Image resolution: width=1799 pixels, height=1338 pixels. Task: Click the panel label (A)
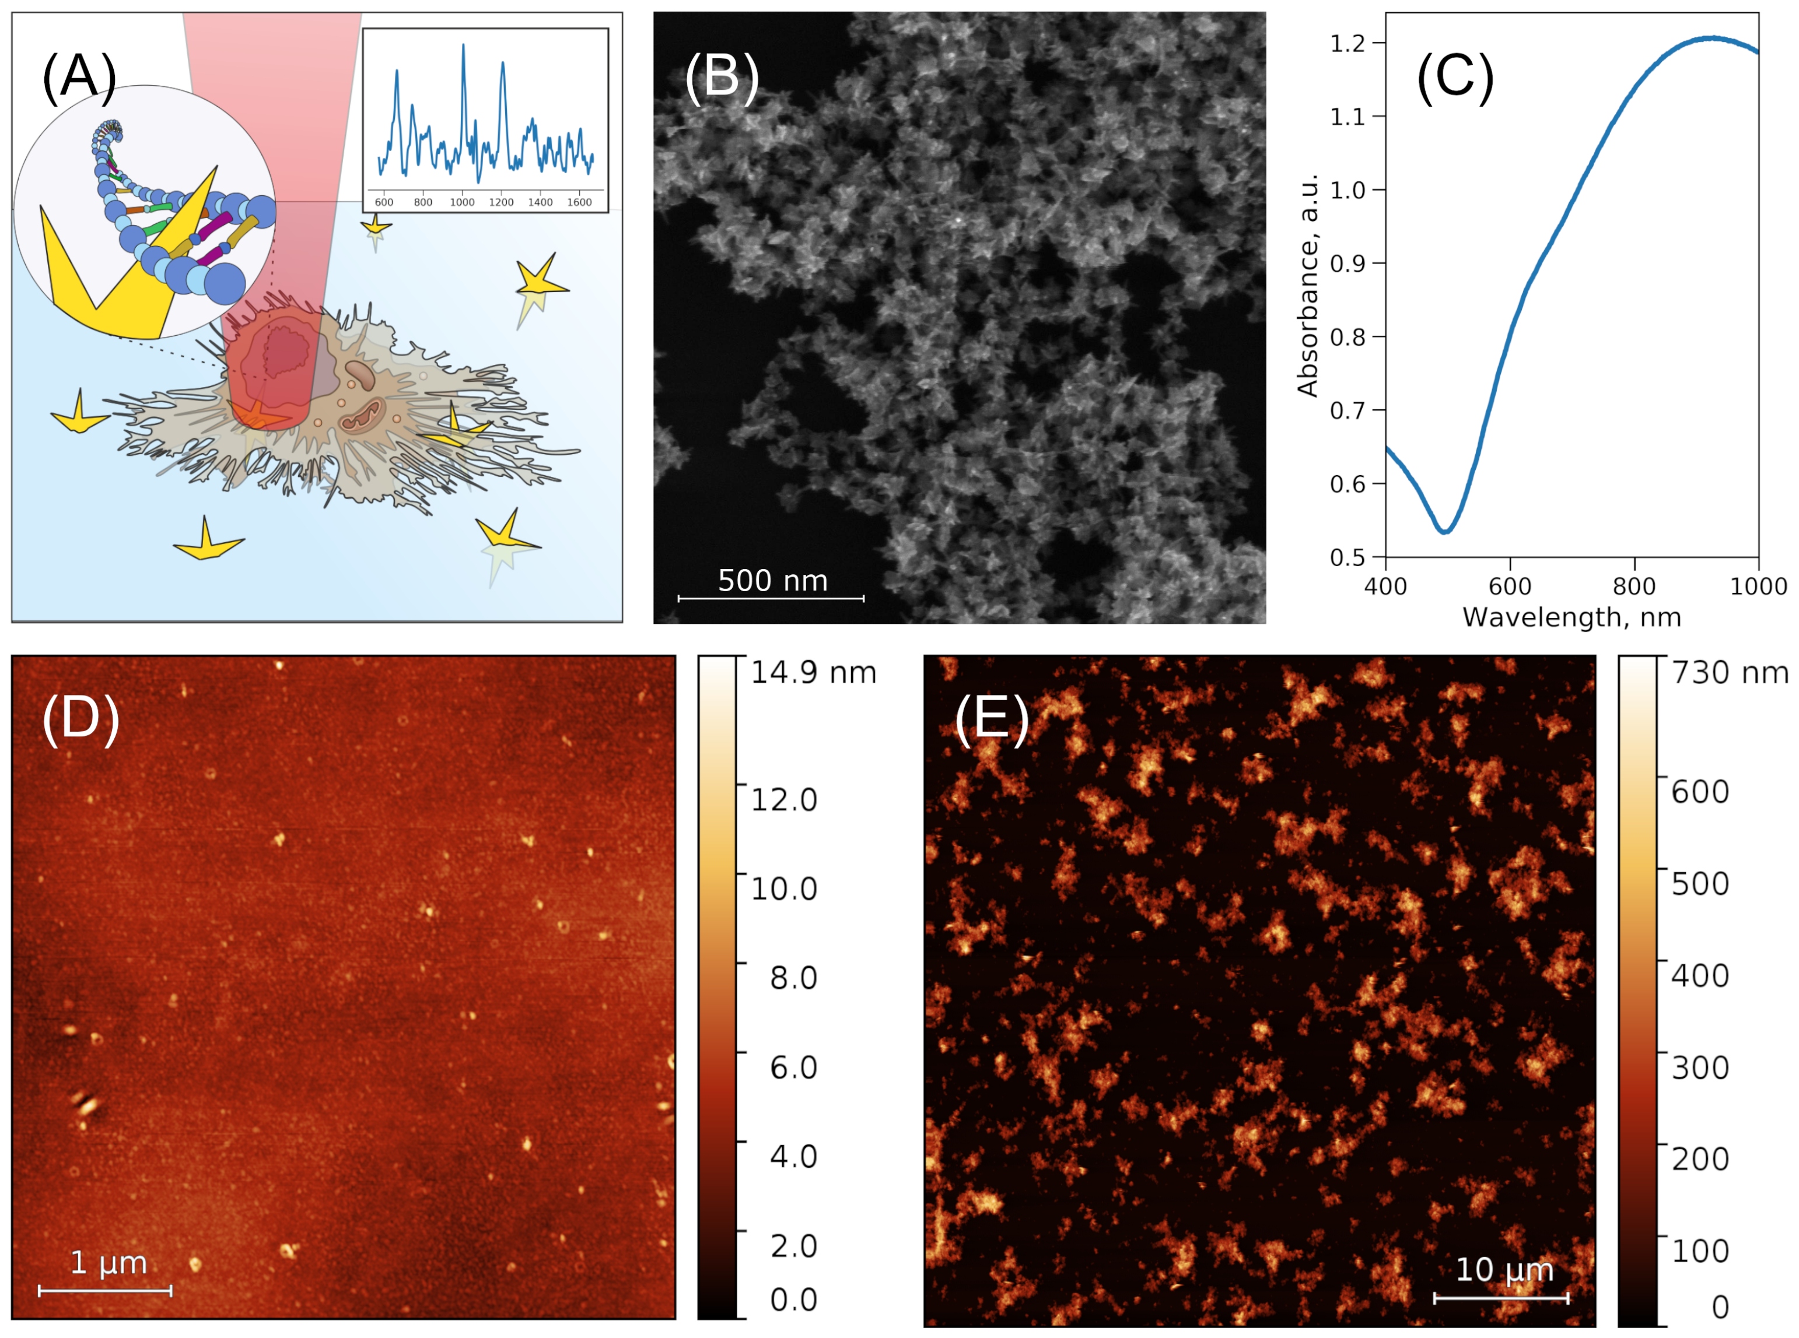79,78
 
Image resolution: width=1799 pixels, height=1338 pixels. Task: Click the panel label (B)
721,78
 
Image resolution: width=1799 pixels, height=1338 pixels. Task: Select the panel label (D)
80,718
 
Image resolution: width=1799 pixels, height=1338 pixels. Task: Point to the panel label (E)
992,718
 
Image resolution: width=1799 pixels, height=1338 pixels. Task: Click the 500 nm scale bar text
772,581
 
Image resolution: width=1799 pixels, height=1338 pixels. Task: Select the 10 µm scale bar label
1504,1269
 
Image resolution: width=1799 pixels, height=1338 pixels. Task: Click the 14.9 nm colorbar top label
813,672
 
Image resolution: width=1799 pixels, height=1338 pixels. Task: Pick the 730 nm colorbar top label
1730,672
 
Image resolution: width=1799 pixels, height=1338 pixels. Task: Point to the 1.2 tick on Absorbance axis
1347,43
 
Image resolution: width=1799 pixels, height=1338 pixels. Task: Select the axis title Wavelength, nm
1571,618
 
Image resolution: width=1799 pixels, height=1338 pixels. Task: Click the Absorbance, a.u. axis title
1307,285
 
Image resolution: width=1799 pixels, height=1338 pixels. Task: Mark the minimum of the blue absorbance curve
1445,531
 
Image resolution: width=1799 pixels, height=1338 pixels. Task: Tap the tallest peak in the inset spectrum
464,45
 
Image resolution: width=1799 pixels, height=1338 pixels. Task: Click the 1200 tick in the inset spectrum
501,202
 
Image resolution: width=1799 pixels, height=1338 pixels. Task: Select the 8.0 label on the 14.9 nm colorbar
793,978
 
